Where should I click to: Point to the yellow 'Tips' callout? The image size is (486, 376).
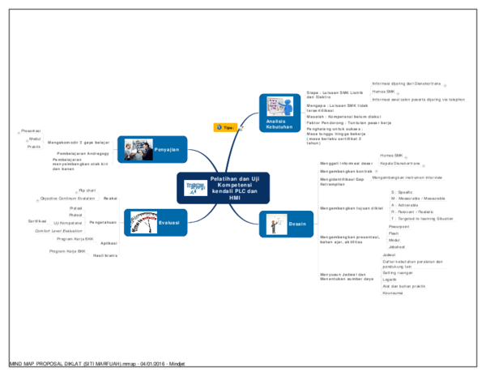(x=226, y=127)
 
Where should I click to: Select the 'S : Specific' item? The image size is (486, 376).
(x=403, y=192)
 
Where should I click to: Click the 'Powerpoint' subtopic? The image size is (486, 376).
(x=399, y=227)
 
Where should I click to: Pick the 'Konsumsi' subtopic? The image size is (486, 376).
(x=392, y=293)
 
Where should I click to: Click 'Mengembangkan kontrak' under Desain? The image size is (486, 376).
(x=346, y=172)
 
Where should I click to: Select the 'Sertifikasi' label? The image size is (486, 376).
(x=37, y=220)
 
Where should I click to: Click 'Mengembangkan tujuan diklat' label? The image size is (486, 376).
(x=350, y=208)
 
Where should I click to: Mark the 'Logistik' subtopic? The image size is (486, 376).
(x=390, y=280)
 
